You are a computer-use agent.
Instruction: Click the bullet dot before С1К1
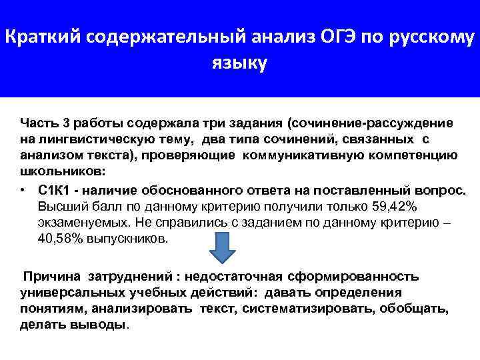(x=23, y=190)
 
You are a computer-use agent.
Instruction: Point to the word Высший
(x=60, y=206)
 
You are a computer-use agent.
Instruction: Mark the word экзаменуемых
(x=78, y=222)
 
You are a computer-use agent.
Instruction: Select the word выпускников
(x=133, y=238)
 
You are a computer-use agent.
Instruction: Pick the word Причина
(x=51, y=277)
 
